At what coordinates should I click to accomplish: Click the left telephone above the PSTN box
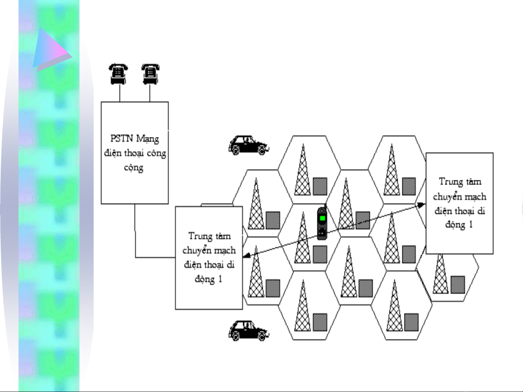point(118,74)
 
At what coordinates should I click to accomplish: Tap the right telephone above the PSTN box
point(150,74)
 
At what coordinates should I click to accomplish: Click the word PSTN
point(122,139)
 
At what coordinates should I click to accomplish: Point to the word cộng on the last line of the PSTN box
point(134,168)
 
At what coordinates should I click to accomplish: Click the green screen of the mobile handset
point(322,218)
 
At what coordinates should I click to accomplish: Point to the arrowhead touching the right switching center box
point(422,205)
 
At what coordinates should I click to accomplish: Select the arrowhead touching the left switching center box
point(246,256)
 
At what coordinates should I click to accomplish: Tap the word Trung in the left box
point(200,236)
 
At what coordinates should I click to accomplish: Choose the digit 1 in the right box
point(471,225)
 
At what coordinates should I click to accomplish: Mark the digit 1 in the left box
point(220,279)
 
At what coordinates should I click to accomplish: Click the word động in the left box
point(205,279)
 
